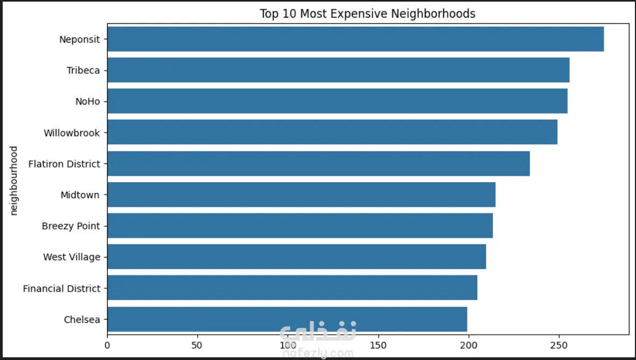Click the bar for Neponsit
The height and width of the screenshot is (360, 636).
(355, 39)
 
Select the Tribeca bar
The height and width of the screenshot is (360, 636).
(338, 70)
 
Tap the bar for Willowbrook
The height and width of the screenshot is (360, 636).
(332, 132)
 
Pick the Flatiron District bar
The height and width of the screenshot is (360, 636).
(318, 163)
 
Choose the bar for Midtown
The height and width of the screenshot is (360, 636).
(301, 195)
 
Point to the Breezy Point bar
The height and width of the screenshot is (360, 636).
(300, 226)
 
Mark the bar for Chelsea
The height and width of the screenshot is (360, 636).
(287, 319)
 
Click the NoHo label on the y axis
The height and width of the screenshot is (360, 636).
(88, 101)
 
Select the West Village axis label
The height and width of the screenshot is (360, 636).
(72, 257)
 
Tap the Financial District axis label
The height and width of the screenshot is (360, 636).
(61, 288)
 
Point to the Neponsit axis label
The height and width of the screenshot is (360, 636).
(80, 39)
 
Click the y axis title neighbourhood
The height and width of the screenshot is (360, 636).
(15, 180)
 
